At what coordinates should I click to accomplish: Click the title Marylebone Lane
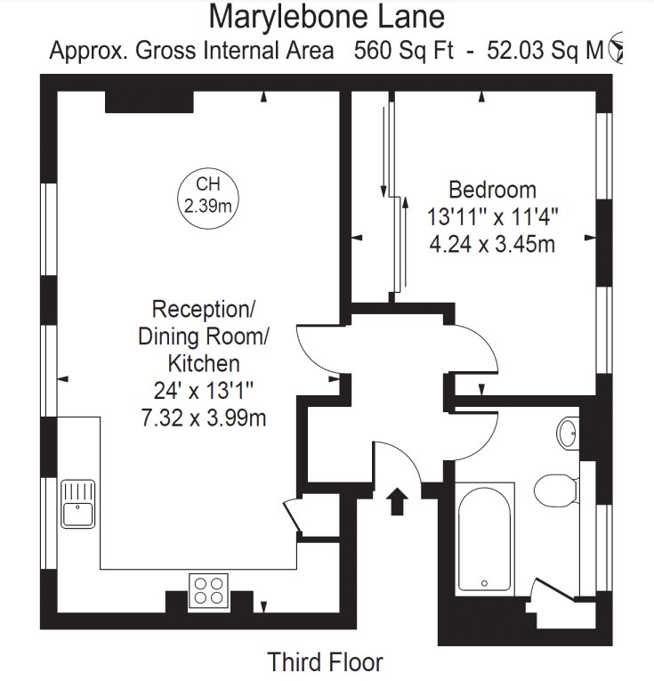pyautogui.click(x=327, y=18)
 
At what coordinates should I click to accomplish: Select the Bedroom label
pyautogui.click(x=492, y=190)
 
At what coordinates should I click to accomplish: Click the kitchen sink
pyautogui.click(x=78, y=503)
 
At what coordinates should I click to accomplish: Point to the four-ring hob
pyautogui.click(x=209, y=591)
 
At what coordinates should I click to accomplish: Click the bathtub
pyautogui.click(x=484, y=539)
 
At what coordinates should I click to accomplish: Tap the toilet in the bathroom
pyautogui.click(x=556, y=490)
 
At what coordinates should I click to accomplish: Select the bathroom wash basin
pyautogui.click(x=568, y=433)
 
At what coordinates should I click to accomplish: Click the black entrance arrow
pyautogui.click(x=397, y=501)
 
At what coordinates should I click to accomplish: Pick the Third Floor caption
pyautogui.click(x=325, y=662)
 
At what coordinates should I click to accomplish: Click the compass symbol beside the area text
pyautogui.click(x=616, y=47)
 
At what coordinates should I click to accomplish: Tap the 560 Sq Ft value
pyautogui.click(x=404, y=51)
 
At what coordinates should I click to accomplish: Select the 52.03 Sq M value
pyautogui.click(x=545, y=51)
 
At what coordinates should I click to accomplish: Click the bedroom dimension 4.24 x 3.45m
pyautogui.click(x=492, y=244)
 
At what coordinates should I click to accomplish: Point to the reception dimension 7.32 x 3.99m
pyautogui.click(x=204, y=418)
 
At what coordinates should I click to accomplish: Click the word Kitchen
pyautogui.click(x=204, y=363)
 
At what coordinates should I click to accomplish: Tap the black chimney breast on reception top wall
pyautogui.click(x=149, y=102)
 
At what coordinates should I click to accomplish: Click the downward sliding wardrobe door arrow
pyautogui.click(x=384, y=152)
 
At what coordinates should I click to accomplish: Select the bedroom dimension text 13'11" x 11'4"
pyautogui.click(x=492, y=216)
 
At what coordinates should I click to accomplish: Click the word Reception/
pyautogui.click(x=204, y=310)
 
